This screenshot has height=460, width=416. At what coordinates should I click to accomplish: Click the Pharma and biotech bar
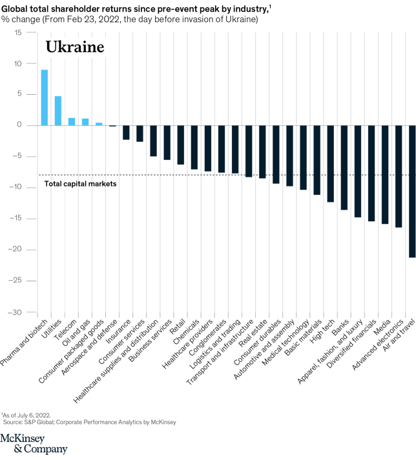[x=45, y=97]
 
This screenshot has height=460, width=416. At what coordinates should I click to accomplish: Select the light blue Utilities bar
[x=58, y=110]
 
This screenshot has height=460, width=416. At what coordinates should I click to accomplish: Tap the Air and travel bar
[x=412, y=192]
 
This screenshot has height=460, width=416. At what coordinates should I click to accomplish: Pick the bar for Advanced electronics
[x=399, y=176]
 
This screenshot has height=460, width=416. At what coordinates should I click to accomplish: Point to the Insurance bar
[x=126, y=132]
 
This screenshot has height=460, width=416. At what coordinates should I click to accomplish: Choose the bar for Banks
[x=344, y=168]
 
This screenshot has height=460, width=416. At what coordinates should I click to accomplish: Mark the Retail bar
[x=181, y=145]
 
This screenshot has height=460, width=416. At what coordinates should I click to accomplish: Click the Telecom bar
[x=72, y=121]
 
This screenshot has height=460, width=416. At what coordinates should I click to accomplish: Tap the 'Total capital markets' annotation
[x=80, y=183]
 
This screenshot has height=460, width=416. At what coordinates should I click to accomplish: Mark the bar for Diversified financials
[x=371, y=174]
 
